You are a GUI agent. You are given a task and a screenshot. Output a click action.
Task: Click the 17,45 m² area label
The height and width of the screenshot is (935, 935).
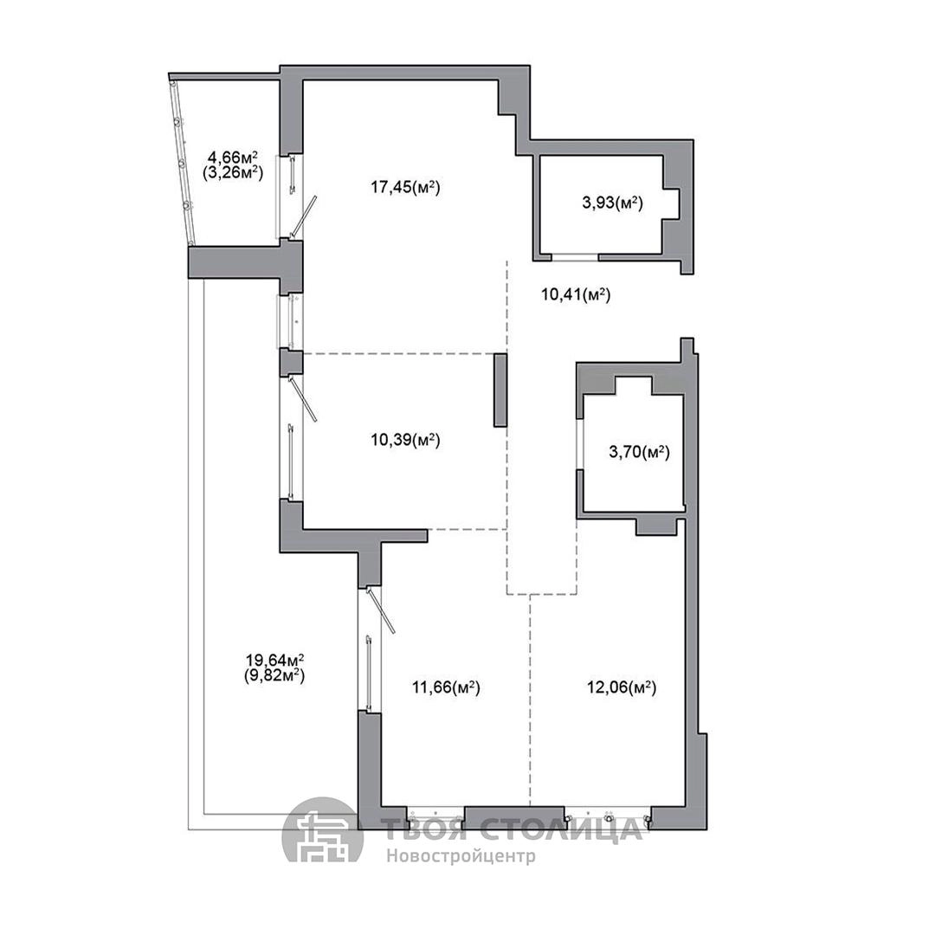click(405, 187)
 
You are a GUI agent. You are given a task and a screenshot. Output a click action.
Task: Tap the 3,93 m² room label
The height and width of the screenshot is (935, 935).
click(612, 203)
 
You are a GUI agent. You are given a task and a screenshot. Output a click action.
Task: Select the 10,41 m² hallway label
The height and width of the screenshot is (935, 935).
click(576, 294)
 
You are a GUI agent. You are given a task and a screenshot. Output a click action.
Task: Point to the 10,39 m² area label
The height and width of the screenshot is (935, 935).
click(405, 440)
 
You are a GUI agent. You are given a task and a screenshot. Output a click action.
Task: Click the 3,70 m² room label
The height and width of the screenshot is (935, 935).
click(639, 452)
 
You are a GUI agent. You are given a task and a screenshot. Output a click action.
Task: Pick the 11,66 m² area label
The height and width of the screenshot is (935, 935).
click(446, 687)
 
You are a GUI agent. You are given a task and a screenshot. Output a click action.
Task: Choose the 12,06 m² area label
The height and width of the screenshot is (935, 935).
click(622, 687)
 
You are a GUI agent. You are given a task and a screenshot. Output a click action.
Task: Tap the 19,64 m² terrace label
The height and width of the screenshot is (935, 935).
click(275, 660)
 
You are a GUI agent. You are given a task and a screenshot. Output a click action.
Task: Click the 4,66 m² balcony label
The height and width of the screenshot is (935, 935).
click(233, 158)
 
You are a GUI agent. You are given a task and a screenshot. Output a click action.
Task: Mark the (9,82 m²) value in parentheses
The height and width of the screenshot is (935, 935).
click(275, 675)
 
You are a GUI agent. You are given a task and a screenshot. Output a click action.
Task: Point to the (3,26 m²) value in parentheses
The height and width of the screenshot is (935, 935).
click(233, 173)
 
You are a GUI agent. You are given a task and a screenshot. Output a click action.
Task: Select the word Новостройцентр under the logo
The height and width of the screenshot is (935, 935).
click(461, 856)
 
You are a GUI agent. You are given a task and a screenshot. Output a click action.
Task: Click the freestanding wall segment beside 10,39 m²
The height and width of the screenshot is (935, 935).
click(500, 390)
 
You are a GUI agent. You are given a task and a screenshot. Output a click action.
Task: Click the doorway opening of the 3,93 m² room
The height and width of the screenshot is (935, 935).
click(575, 257)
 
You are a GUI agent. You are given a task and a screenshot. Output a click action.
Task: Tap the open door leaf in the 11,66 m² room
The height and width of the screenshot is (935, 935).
click(380, 609)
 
